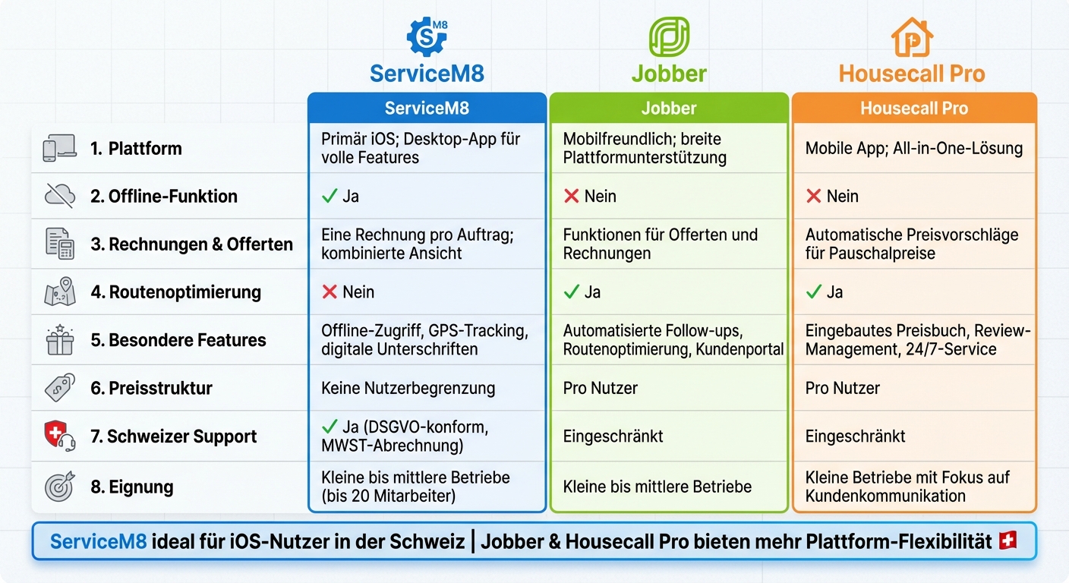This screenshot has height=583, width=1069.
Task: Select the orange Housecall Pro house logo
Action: click(x=912, y=37)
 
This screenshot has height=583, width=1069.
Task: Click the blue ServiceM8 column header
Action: click(x=427, y=108)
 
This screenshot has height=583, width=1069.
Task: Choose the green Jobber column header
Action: click(x=668, y=108)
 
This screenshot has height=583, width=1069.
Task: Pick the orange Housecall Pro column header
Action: click(x=913, y=108)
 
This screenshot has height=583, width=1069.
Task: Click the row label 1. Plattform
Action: click(x=136, y=148)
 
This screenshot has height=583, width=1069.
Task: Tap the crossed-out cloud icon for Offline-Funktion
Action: click(x=59, y=196)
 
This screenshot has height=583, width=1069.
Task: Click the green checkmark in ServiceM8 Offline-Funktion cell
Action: click(x=330, y=196)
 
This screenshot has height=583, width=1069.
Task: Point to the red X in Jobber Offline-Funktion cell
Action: click(x=572, y=196)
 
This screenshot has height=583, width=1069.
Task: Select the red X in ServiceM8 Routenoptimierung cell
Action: click(x=330, y=292)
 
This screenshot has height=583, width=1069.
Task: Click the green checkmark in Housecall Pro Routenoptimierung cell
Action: click(x=814, y=292)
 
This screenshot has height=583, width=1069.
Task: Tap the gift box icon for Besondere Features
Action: click(x=59, y=340)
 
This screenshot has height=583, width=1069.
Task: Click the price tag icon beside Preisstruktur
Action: click(x=59, y=388)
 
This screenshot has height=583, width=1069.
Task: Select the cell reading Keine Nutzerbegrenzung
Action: click(x=408, y=388)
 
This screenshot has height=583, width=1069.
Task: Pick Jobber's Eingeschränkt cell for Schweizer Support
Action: click(x=613, y=436)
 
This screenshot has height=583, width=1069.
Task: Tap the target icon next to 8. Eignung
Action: click(x=59, y=487)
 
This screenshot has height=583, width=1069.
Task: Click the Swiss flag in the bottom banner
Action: click(x=1008, y=540)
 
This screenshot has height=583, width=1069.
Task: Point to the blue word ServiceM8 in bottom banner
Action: click(x=98, y=541)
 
